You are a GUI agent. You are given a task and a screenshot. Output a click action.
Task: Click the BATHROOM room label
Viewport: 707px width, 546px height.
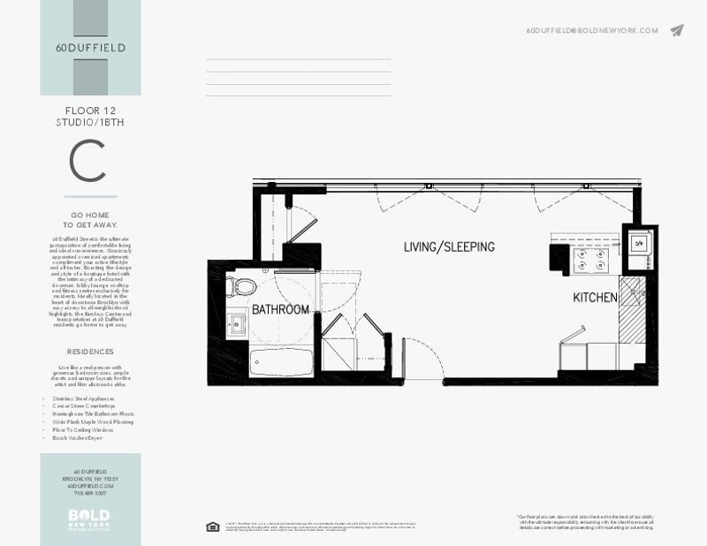pyautogui.click(x=280, y=310)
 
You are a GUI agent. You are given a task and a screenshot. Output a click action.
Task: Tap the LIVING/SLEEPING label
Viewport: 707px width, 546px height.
pyautogui.click(x=449, y=246)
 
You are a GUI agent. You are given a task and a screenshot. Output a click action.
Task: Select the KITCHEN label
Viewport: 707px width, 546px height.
pyautogui.click(x=594, y=298)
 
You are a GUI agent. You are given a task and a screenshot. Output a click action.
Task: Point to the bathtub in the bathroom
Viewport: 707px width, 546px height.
pyautogui.click(x=279, y=361)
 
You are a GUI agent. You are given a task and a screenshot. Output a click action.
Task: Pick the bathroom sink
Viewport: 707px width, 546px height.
pyautogui.click(x=237, y=323)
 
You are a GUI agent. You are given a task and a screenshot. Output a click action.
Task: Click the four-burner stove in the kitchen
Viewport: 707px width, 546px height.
pyautogui.click(x=591, y=259)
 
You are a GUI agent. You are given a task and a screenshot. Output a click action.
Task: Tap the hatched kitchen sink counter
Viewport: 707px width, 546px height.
pyautogui.click(x=632, y=309)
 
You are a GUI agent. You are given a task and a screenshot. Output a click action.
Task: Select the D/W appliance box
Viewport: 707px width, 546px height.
pyautogui.click(x=638, y=242)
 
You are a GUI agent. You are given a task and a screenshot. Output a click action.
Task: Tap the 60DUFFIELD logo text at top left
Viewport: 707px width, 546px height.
pyautogui.click(x=89, y=48)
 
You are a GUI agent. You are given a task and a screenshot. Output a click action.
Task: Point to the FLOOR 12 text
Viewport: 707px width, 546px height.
pyautogui.click(x=90, y=110)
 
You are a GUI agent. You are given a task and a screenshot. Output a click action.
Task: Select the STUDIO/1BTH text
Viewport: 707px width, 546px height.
pyautogui.click(x=90, y=122)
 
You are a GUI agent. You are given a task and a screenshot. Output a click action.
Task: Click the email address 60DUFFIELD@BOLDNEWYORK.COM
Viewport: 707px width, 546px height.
pyautogui.click(x=591, y=30)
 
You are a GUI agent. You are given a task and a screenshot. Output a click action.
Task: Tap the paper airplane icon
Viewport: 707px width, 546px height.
pyautogui.click(x=677, y=30)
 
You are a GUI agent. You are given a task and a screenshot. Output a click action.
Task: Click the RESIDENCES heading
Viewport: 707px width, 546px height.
pyautogui.click(x=90, y=352)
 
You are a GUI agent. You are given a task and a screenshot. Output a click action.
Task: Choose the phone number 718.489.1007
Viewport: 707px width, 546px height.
pyautogui.click(x=90, y=494)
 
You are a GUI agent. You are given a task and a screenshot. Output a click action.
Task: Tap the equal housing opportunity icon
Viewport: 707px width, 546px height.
pyautogui.click(x=212, y=527)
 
